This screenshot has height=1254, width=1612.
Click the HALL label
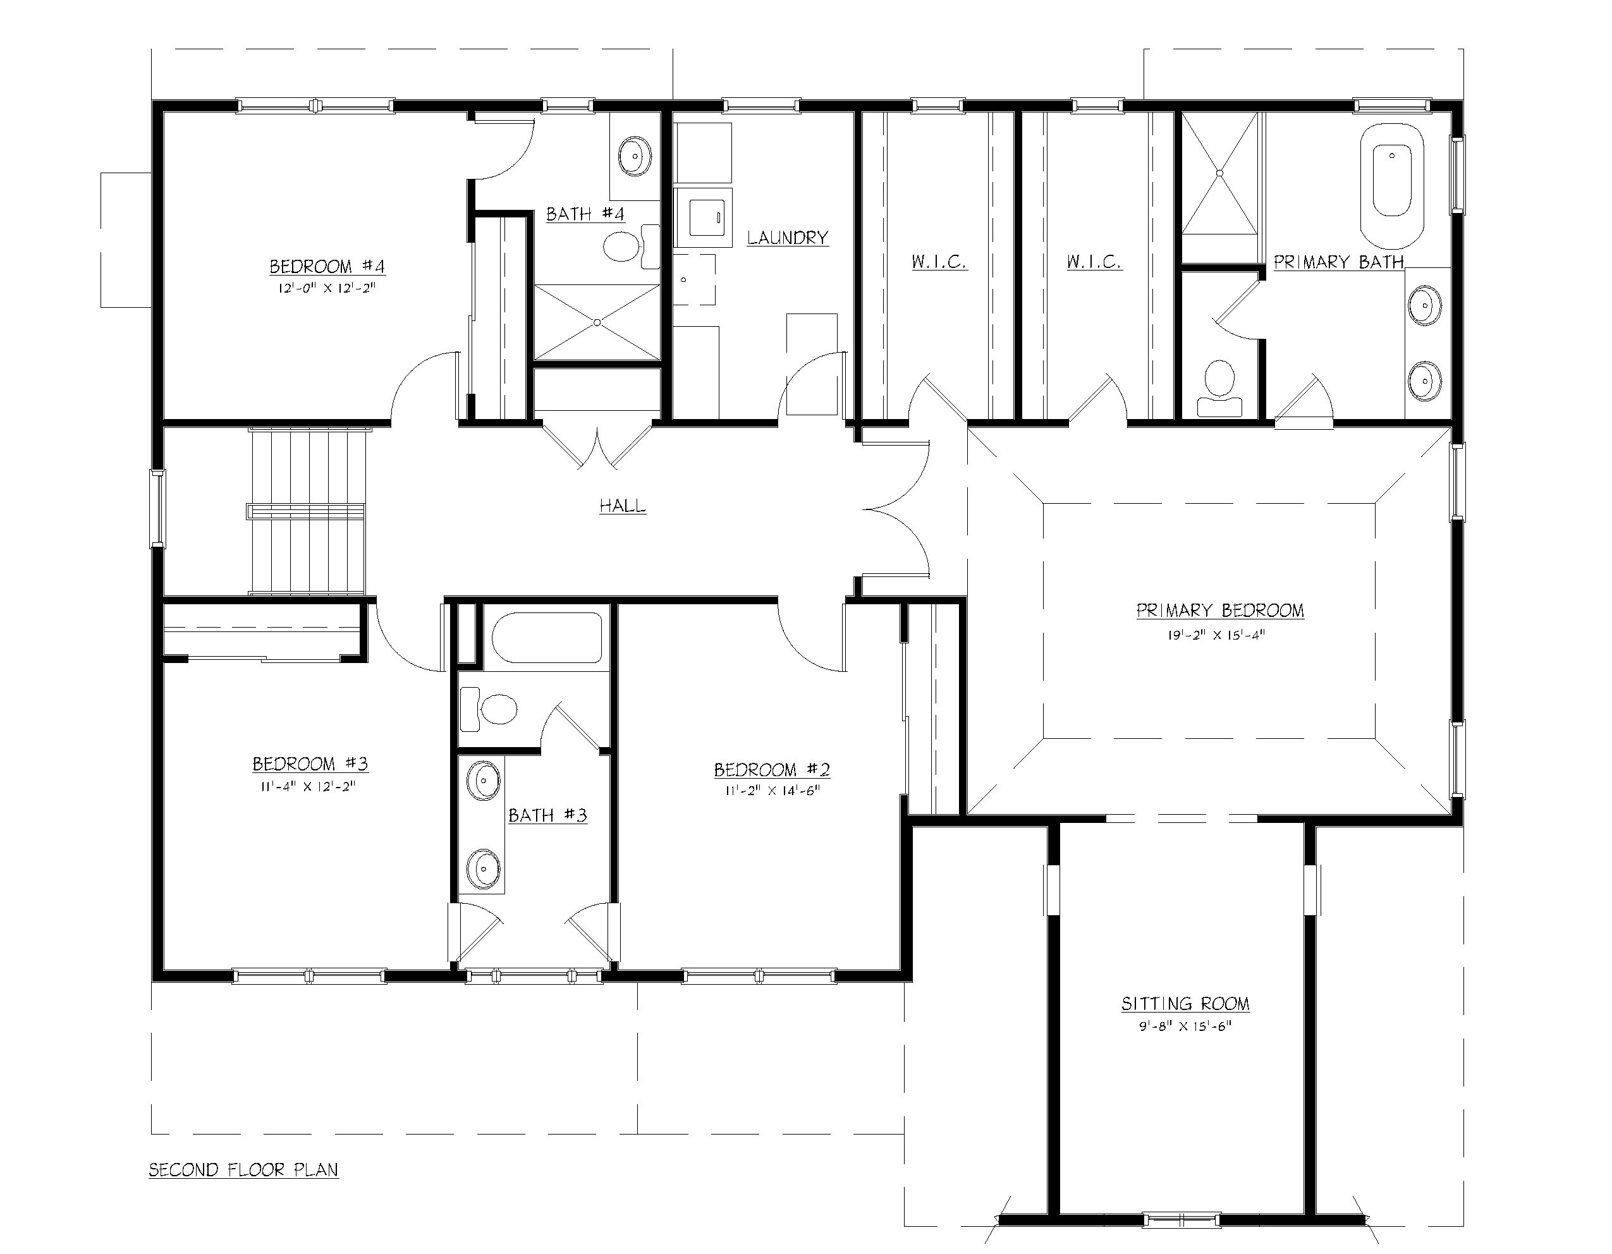[x=622, y=506]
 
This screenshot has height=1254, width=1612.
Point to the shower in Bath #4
[x=596, y=322]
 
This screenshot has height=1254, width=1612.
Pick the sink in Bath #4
[x=634, y=155]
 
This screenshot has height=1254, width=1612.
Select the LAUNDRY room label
[x=787, y=238]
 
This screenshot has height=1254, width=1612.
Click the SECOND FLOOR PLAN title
[x=243, y=1170]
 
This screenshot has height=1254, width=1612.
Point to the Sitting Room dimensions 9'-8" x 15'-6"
[x=1185, y=1026]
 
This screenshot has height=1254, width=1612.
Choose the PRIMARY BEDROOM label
[x=1219, y=611]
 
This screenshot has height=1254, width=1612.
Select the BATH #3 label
[x=547, y=815]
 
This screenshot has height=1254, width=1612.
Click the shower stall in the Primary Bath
[x=1219, y=173]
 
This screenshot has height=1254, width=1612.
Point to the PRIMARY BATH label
[x=1338, y=262]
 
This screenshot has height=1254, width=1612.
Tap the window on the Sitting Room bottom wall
[x=1181, y=1219]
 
